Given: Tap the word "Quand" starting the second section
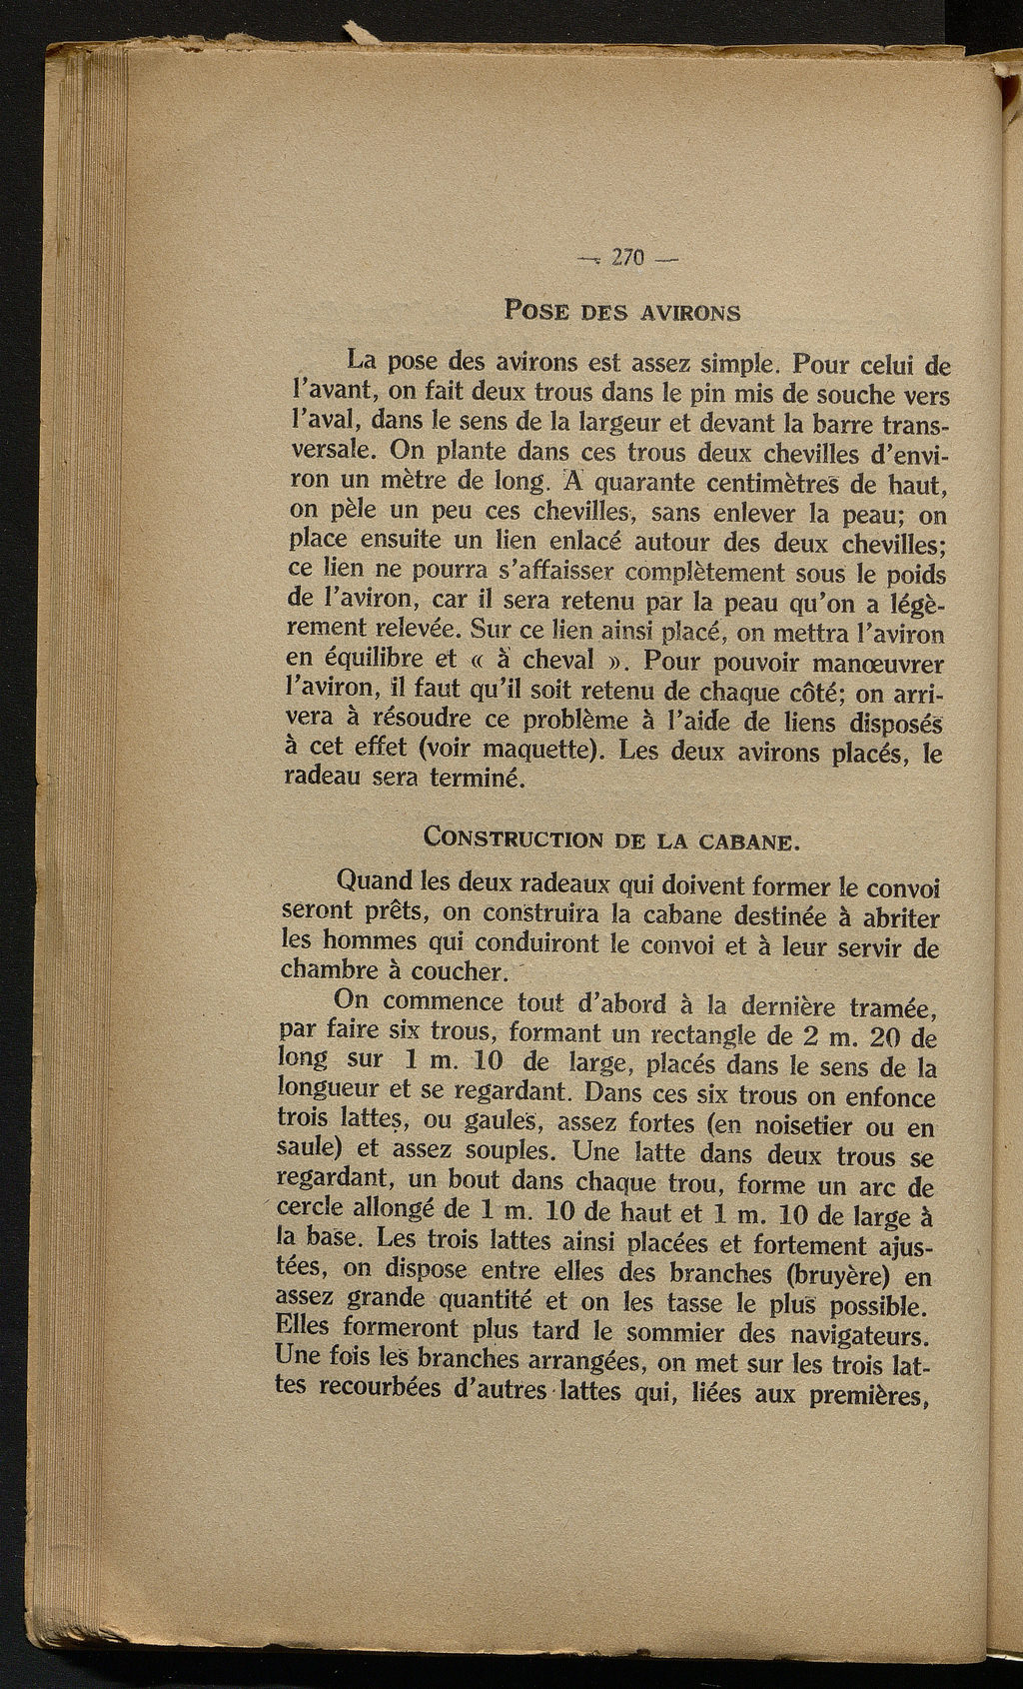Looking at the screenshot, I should pyautogui.click(x=375, y=882).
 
